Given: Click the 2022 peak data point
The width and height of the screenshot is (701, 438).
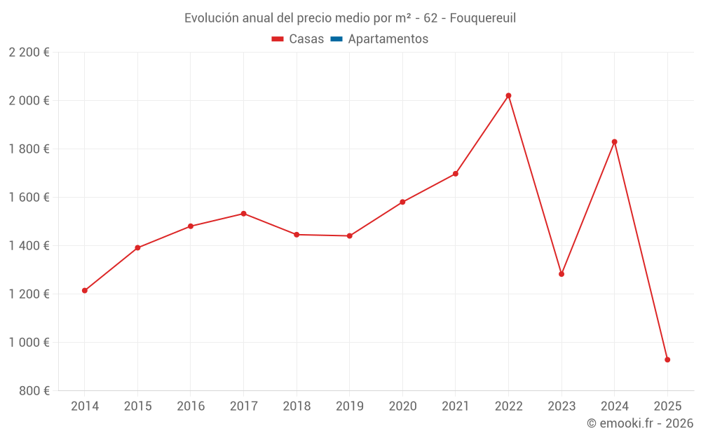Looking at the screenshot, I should [x=508, y=95].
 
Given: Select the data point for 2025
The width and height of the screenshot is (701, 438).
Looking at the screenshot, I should [x=667, y=360].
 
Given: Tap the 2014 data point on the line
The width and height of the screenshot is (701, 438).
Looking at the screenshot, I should [x=85, y=290].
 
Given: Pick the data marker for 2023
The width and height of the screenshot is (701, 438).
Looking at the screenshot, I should [x=562, y=274].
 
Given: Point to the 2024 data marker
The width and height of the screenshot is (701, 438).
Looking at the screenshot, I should [x=614, y=142].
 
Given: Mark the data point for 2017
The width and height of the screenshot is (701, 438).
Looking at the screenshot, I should [x=243, y=213].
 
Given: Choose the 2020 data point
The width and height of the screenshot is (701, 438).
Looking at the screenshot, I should [x=402, y=202].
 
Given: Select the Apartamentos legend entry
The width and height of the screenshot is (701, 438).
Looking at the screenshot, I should [x=388, y=39].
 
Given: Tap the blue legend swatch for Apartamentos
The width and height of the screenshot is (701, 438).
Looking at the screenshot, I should [x=336, y=39].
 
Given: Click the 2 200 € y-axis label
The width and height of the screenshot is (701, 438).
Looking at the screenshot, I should [x=29, y=53].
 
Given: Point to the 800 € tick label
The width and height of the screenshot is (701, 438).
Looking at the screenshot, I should [x=35, y=391].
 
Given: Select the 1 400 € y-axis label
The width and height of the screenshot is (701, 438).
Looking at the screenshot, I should [x=29, y=246].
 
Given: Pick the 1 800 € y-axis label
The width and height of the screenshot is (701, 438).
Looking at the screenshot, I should [x=29, y=149].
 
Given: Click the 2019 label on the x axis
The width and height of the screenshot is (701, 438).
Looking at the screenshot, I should [x=349, y=406].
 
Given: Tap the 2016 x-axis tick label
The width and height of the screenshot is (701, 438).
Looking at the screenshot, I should [x=191, y=406].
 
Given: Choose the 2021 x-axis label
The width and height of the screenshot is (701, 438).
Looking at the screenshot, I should [x=456, y=406].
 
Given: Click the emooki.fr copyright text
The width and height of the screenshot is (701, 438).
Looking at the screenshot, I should [x=640, y=423].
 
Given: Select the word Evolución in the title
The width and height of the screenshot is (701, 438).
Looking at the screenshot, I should [x=206, y=18].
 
